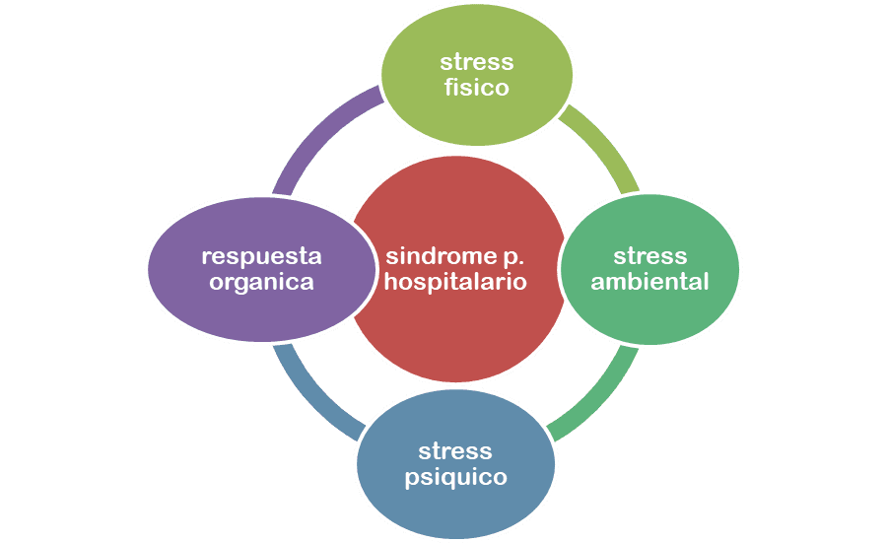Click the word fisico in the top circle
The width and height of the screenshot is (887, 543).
point(476,88)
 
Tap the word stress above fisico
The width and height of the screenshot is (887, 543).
point(476,62)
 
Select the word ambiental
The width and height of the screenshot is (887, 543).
point(649,282)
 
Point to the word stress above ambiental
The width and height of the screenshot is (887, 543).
point(649,256)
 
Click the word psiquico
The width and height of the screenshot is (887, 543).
point(455,478)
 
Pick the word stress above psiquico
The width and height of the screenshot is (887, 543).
point(455,451)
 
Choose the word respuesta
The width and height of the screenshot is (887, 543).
point(261,256)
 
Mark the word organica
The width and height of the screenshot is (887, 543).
point(261,282)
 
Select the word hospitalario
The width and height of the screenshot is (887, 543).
point(455,282)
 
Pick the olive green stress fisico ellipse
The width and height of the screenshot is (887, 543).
point(476,113)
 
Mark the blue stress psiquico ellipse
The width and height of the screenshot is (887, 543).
point(455,508)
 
